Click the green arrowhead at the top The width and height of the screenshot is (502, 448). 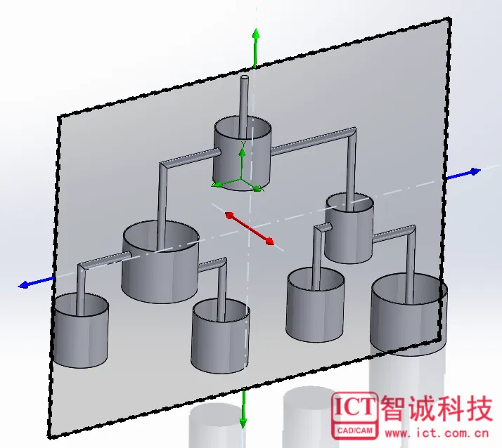[x=255, y=34]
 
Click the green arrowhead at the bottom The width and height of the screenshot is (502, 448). [x=243, y=423]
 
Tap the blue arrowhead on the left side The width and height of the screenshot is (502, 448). [x=24, y=284]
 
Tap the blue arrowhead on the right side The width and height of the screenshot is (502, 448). [x=475, y=172]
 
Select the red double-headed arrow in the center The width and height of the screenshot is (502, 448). [x=250, y=228]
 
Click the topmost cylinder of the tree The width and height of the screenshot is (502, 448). [x=243, y=154]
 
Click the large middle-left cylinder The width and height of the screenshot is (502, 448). [x=160, y=262]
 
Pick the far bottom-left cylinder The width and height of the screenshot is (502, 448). [x=81, y=330]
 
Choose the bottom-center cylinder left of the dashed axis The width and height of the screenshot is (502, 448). [x=220, y=336]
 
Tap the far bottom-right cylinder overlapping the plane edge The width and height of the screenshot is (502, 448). [x=408, y=315]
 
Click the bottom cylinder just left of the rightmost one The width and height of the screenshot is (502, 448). [x=316, y=305]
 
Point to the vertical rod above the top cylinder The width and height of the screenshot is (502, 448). [x=244, y=105]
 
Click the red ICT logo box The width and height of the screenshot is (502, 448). [x=354, y=416]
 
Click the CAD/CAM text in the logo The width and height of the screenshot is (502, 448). [x=355, y=430]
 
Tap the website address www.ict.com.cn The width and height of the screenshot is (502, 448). [x=437, y=433]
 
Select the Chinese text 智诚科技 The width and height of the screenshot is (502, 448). [x=437, y=408]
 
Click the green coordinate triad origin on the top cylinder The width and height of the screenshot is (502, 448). [x=242, y=180]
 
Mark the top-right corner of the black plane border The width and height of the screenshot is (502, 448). [x=449, y=19]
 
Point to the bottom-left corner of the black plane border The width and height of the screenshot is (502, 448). [x=50, y=437]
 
